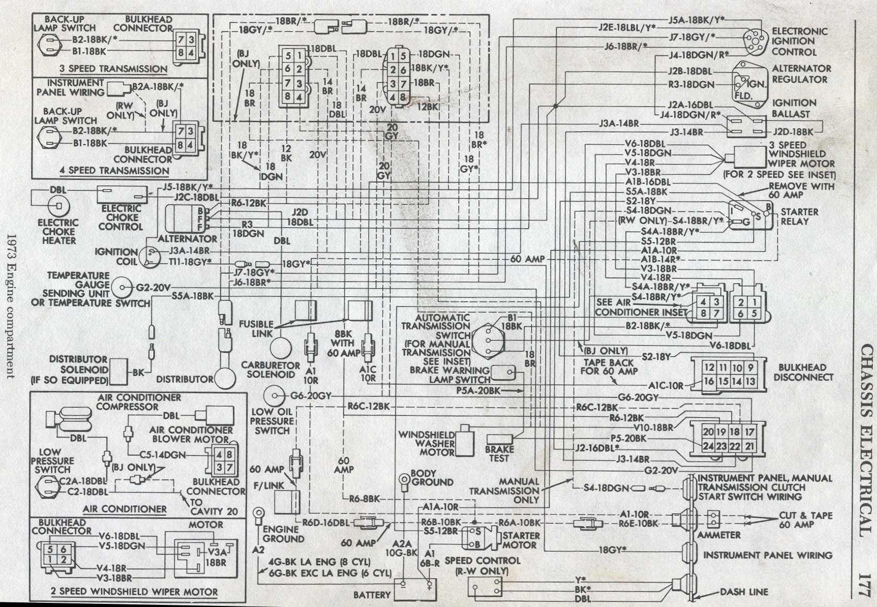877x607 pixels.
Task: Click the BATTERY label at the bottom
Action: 372,594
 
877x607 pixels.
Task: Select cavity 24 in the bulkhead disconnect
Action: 708,446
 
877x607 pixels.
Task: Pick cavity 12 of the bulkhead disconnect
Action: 709,367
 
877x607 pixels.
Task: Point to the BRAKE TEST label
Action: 499,453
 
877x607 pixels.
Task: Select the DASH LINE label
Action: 744,592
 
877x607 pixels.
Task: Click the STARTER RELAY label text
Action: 799,216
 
